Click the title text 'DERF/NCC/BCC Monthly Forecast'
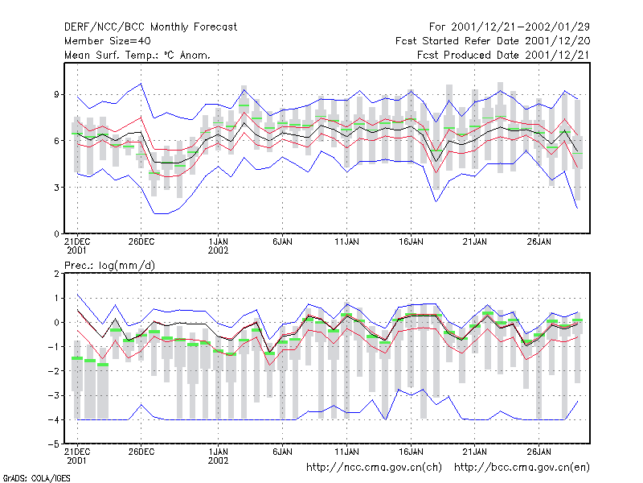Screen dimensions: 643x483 tap(150, 27)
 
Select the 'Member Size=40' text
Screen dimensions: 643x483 tap(108, 41)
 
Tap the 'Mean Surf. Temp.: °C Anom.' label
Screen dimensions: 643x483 tap(137, 55)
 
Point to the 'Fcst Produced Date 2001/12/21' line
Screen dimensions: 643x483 tap(503, 55)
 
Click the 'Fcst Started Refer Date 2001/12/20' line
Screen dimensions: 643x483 tap(493, 41)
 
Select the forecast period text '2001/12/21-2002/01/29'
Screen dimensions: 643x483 tap(520, 27)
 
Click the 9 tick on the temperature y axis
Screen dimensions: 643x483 tap(56, 94)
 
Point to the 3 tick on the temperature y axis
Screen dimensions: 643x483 tap(56, 188)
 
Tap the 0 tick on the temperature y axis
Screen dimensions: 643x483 tap(56, 234)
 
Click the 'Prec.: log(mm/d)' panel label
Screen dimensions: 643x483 tap(109, 266)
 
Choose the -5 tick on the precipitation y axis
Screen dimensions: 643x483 tap(54, 444)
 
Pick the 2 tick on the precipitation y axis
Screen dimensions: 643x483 tap(56, 274)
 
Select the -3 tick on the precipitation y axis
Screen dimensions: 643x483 tap(54, 395)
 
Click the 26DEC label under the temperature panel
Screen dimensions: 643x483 tap(141, 242)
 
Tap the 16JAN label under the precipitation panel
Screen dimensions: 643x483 tap(411, 452)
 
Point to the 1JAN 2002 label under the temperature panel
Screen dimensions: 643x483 tap(218, 246)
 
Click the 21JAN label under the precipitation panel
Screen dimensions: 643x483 tap(475, 452)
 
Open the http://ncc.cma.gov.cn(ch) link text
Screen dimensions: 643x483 tap(374, 468)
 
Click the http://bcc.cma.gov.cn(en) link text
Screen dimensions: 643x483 tap(522, 468)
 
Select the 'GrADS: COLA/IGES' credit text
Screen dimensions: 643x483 tap(36, 478)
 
